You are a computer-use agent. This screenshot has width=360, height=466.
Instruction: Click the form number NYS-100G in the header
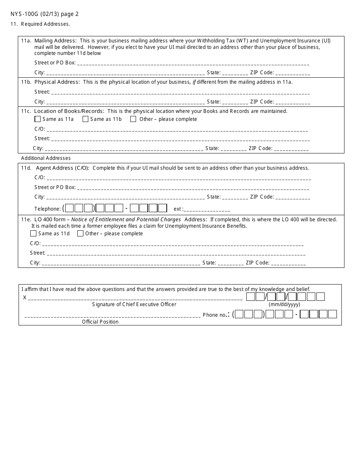26,14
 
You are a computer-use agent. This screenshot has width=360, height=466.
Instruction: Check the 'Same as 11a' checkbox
38,119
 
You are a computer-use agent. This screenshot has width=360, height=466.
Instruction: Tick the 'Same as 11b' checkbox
85,119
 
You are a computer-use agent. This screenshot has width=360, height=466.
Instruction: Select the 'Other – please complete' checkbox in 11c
133,119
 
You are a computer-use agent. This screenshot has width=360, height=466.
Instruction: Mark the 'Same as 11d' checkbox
33,233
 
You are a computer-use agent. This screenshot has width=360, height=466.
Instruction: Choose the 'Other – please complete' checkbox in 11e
80,233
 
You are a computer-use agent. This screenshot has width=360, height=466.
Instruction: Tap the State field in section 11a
235,73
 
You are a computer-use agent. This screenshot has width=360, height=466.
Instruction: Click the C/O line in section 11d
178,178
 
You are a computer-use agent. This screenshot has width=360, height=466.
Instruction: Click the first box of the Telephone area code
70,208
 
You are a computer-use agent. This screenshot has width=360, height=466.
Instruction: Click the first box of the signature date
250,297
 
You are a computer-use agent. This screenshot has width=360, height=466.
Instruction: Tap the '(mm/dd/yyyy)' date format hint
284,305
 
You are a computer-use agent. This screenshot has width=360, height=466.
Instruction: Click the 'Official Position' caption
100,322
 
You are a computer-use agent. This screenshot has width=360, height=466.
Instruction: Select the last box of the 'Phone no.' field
332,314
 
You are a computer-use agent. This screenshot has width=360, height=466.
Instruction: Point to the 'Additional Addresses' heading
46,158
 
